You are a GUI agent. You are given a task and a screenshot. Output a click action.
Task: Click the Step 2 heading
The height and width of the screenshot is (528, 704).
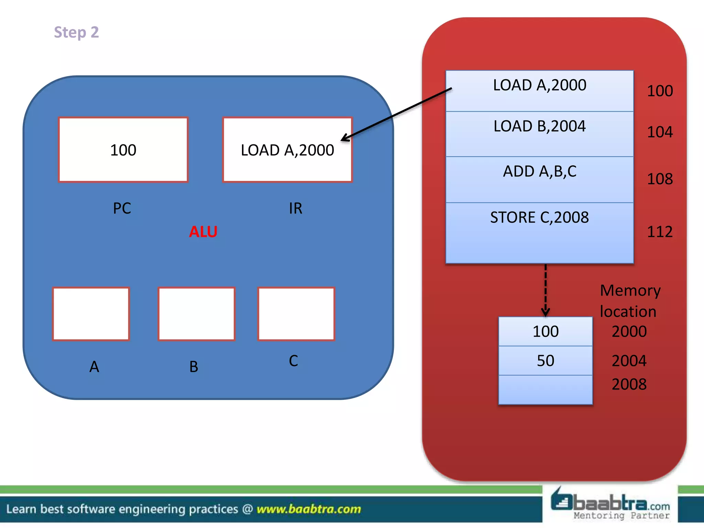point(76,32)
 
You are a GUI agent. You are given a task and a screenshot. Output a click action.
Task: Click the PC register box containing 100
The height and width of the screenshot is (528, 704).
point(123,150)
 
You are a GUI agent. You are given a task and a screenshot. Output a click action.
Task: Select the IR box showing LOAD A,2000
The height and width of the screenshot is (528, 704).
point(287,150)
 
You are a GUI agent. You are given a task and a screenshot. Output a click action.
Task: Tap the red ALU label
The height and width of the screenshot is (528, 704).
point(203,232)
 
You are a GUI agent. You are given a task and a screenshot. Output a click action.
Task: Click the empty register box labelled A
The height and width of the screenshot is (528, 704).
point(91,314)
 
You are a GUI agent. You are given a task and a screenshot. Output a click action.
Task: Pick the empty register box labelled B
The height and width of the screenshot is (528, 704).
point(196,314)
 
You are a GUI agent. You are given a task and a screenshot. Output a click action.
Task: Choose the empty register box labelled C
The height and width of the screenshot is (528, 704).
point(296,314)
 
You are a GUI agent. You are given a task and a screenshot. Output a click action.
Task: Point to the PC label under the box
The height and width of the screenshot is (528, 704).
point(122,208)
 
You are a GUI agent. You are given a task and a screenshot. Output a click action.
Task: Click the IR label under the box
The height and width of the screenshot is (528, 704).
point(295,208)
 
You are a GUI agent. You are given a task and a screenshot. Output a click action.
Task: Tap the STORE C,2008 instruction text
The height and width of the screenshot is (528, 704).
point(539,218)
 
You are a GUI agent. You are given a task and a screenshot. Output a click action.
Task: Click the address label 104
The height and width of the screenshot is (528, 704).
point(660,132)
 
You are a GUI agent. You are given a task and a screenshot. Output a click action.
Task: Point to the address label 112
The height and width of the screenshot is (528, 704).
point(660,232)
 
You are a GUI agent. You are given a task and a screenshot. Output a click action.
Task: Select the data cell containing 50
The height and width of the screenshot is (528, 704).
point(545,361)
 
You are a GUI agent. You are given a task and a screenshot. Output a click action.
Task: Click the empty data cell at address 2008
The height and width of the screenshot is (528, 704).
point(545,389)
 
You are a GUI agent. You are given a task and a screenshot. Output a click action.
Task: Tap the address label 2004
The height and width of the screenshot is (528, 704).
point(629,361)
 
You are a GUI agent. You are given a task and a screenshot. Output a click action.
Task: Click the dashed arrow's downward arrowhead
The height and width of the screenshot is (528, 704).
point(546,312)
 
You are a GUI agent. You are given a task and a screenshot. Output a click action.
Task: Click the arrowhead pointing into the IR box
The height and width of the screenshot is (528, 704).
point(344,138)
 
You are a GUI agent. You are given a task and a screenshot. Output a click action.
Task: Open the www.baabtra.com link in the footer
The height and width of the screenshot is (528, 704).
point(309,509)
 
